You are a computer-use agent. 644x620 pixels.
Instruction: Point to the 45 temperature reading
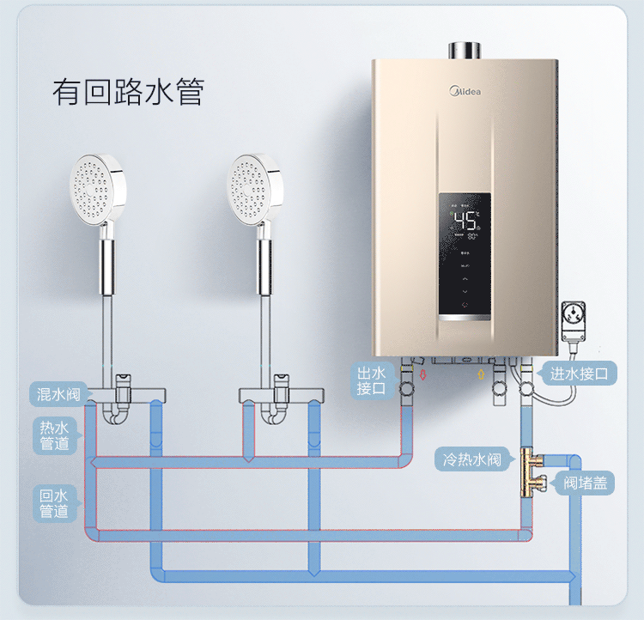coord(465,221)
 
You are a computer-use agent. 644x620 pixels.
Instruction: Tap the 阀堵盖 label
coord(586,483)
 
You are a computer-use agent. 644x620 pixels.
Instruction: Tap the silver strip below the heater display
coord(465,318)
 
